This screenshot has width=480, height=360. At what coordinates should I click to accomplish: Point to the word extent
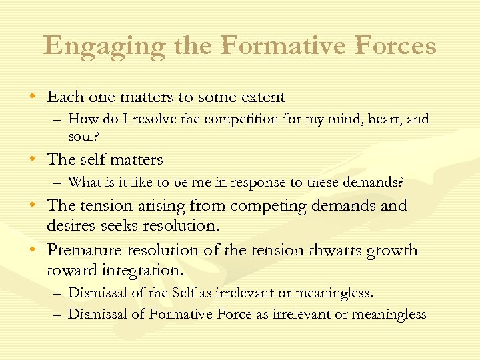[261, 97]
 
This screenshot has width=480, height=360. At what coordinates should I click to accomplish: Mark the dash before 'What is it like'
[58, 183]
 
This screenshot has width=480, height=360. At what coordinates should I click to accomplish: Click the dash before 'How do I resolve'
[58, 119]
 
